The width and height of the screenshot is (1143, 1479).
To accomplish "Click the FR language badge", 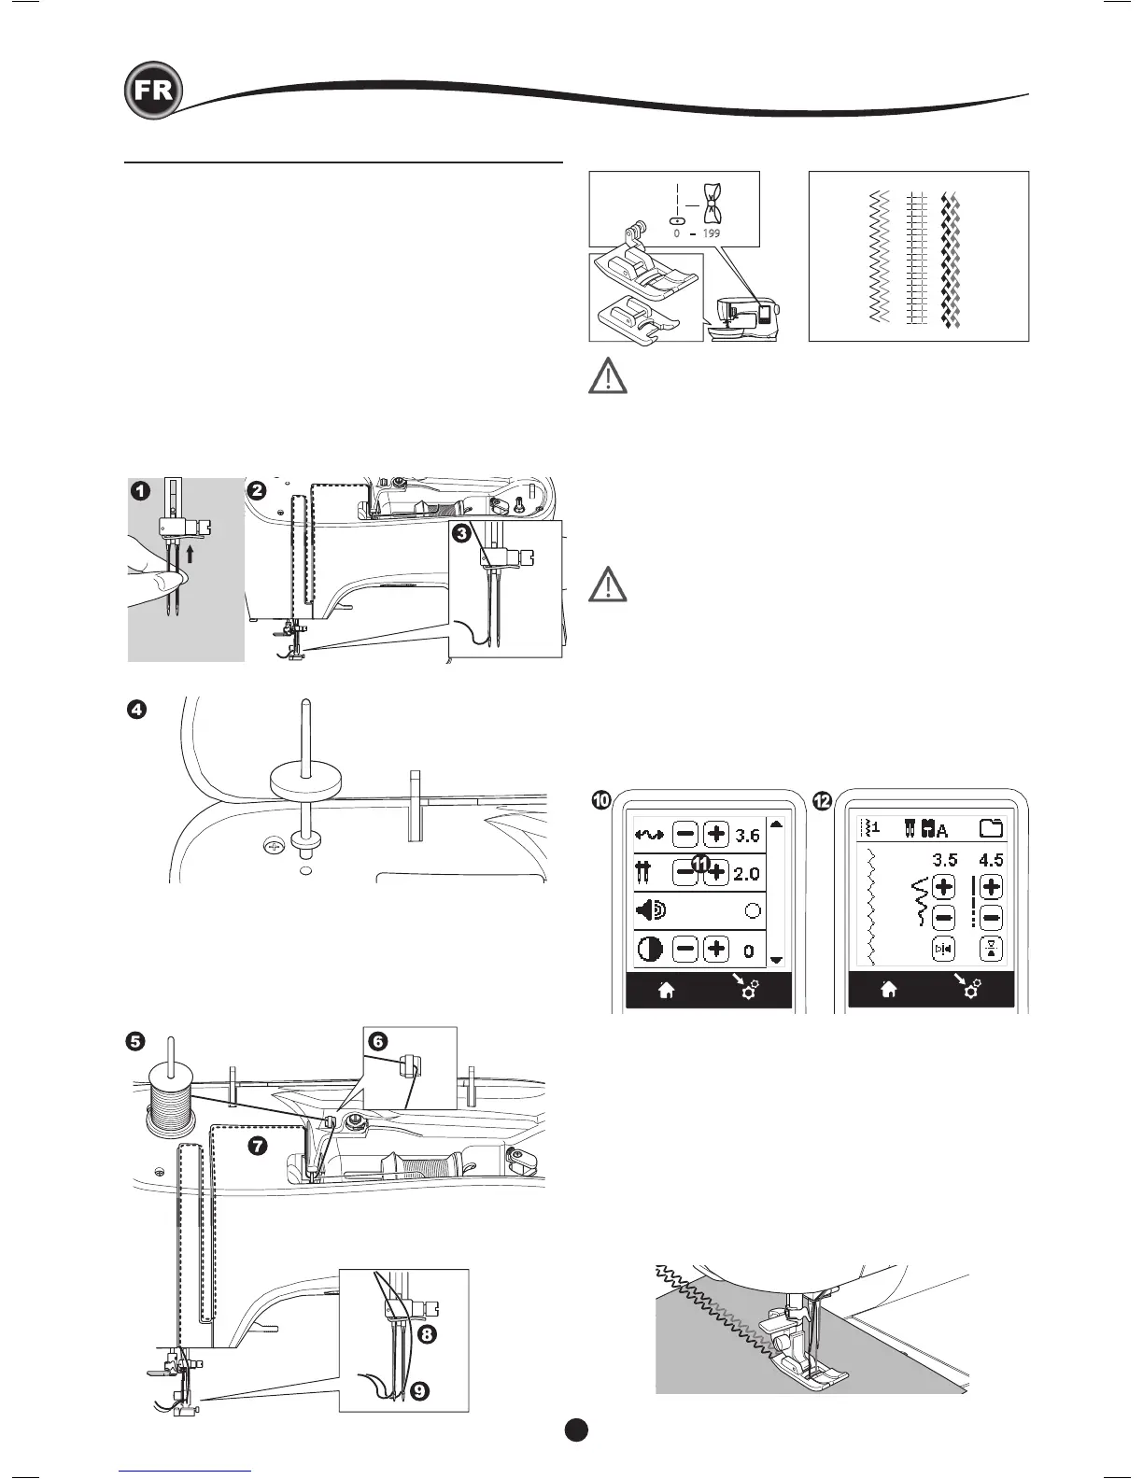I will pyautogui.click(x=152, y=91).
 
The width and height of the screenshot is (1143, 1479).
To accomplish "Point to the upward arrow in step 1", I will pyautogui.click(x=190, y=555).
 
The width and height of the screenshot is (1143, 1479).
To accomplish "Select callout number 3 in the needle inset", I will pyautogui.click(x=460, y=535).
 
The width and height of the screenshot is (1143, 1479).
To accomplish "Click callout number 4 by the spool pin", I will pyautogui.click(x=136, y=710).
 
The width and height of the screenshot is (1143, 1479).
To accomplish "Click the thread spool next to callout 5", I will pyautogui.click(x=169, y=1092).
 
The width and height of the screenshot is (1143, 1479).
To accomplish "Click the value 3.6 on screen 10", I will pyautogui.click(x=747, y=835).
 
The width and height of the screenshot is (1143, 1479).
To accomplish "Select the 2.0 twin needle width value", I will pyautogui.click(x=746, y=874).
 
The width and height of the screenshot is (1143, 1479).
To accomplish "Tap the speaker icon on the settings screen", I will pyautogui.click(x=650, y=910).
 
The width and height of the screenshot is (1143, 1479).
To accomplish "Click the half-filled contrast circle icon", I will pyautogui.click(x=650, y=950).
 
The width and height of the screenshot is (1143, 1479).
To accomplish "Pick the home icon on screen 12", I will pyautogui.click(x=889, y=990).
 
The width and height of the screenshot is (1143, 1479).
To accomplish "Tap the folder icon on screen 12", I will pyautogui.click(x=991, y=827).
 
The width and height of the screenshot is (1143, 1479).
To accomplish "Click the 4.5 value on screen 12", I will pyautogui.click(x=991, y=860).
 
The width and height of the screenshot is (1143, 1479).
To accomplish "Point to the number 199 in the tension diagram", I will pyautogui.click(x=711, y=232).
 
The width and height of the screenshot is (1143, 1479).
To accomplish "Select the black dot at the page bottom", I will pyautogui.click(x=575, y=1430).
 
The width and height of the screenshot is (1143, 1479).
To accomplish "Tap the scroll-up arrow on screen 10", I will pyautogui.click(x=776, y=824).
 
